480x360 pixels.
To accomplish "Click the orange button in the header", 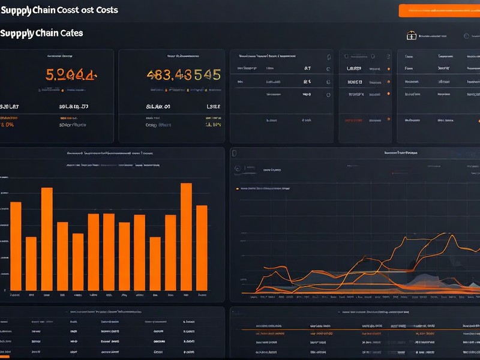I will point(439,10).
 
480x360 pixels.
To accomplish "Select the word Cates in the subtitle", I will point(70,33).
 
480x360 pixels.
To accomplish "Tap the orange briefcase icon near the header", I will point(411,36).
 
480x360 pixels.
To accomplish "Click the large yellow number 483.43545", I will point(184,75).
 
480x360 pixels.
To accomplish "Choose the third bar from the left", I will point(47,240).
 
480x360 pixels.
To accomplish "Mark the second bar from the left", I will point(31,265).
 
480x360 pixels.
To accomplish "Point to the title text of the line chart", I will point(401,153).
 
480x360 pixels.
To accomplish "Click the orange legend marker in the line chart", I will point(238,188).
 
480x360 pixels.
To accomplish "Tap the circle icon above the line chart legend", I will point(237,169).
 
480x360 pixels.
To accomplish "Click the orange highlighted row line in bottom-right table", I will point(360,329).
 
